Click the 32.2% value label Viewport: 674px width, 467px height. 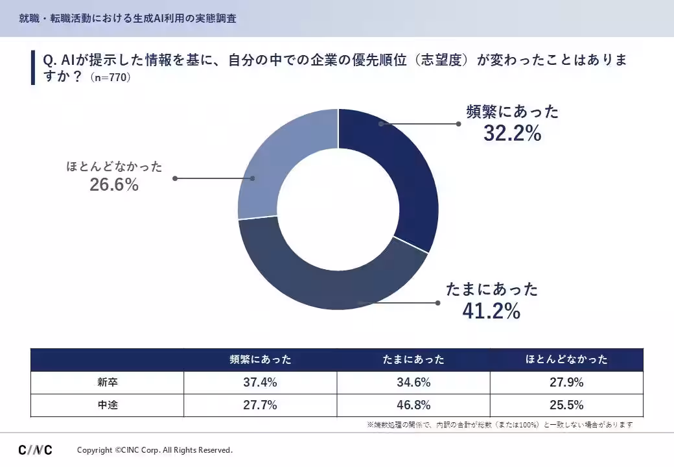[513, 134]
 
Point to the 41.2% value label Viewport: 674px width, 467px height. [491, 311]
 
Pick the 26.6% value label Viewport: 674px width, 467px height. [114, 185]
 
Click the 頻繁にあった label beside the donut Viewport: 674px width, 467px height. [513, 112]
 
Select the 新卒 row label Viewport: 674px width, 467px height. [108, 382]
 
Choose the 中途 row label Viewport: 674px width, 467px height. [108, 405]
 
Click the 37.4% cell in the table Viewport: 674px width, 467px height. [260, 382]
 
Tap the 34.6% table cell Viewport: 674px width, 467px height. [413, 382]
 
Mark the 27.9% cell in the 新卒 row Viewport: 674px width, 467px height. [566, 382]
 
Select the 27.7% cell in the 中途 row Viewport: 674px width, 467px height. [260, 405]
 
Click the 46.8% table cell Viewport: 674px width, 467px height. [413, 405]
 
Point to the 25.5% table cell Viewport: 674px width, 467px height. [566, 405]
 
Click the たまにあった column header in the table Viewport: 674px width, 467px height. [413, 359]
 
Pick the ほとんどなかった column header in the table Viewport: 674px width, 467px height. [566, 359]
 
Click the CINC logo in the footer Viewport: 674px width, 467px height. [35, 449]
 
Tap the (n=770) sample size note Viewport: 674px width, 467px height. [110, 78]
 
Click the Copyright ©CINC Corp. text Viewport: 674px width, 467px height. [155, 450]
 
